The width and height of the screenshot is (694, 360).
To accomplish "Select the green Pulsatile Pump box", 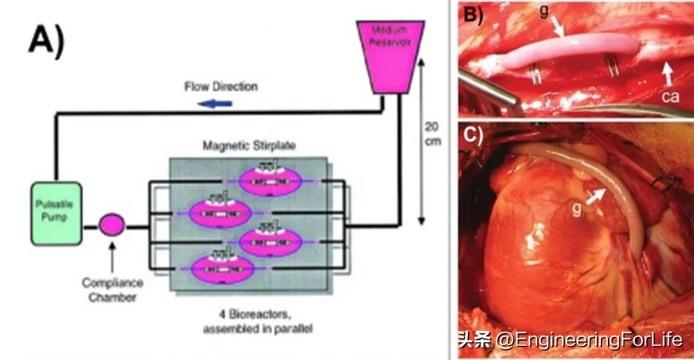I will [x=57, y=213].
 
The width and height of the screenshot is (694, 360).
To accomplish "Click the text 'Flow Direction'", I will [x=220, y=86].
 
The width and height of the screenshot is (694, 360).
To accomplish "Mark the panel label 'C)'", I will [x=476, y=136].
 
